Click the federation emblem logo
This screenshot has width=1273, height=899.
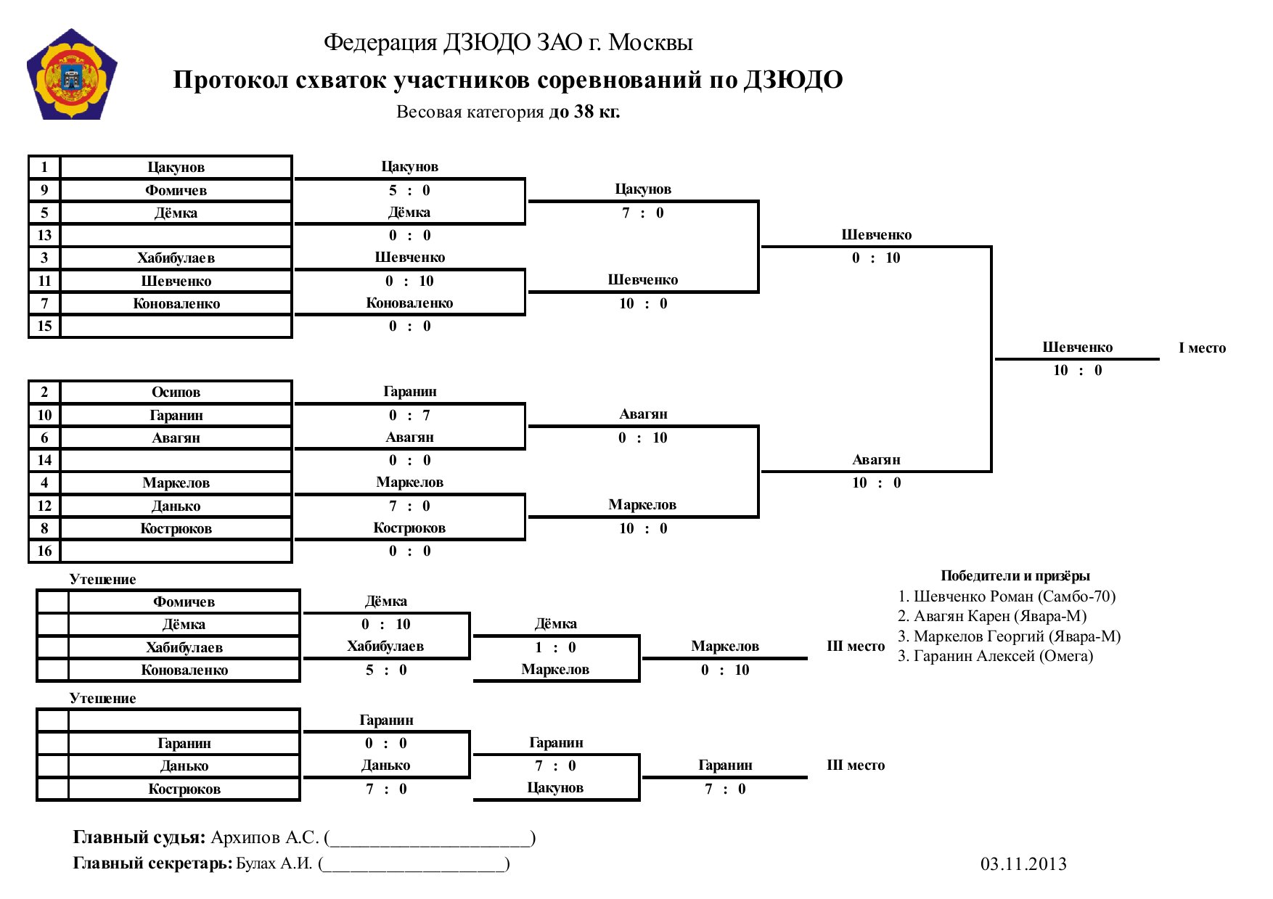[72, 75]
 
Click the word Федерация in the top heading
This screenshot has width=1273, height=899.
[380, 43]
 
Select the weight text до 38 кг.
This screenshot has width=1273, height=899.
[584, 112]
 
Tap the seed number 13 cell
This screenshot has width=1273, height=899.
[44, 235]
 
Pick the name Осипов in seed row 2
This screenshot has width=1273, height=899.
[176, 392]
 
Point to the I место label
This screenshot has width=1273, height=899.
[1202, 348]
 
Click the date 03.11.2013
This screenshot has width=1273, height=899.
[1023, 863]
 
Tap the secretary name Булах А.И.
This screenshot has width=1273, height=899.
[274, 863]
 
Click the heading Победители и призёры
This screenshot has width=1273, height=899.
[1015, 576]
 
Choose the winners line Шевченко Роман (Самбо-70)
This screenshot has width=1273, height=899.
[1007, 596]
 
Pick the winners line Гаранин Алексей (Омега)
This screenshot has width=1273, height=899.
[995, 656]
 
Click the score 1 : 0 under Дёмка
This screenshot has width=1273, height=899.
[555, 647]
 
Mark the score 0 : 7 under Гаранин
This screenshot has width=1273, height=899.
[409, 415]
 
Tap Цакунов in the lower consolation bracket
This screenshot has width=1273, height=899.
[555, 788]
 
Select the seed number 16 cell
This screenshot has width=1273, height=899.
[44, 551]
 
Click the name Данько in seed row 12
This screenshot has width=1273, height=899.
[176, 506]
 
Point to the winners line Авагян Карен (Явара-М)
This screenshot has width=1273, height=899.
[992, 616]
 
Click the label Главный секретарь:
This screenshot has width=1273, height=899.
[153, 863]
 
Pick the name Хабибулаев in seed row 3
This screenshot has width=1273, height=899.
[176, 258]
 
